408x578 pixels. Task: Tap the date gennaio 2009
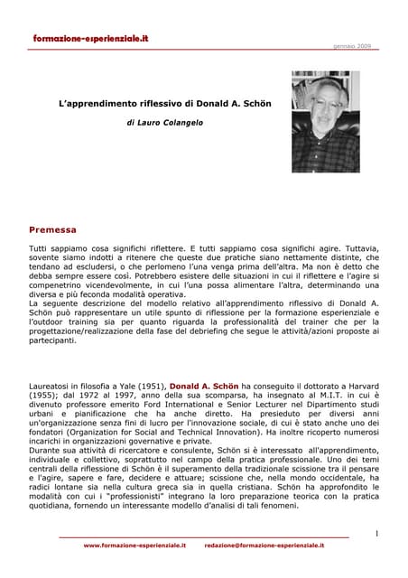[x=351, y=45]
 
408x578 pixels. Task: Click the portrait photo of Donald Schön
[x=326, y=122]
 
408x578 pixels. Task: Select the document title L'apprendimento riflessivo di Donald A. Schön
[x=164, y=104]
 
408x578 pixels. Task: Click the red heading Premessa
[x=52, y=229]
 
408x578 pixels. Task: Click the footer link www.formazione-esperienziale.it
[x=134, y=546]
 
